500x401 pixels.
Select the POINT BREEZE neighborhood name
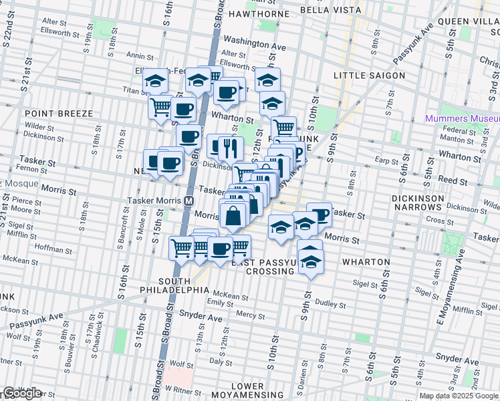pyautogui.click(x=59, y=114)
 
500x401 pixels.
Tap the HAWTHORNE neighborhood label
pyautogui.click(x=259, y=13)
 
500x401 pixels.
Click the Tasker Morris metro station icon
pyautogui.click(x=189, y=200)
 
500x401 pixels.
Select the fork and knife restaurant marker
pyautogui.click(x=231, y=148)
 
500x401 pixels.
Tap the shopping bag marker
pyautogui.click(x=233, y=217)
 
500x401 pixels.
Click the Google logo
pyautogui.click(x=22, y=393)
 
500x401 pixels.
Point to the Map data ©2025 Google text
pyautogui.click(x=458, y=396)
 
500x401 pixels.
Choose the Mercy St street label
pyautogui.click(x=251, y=314)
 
